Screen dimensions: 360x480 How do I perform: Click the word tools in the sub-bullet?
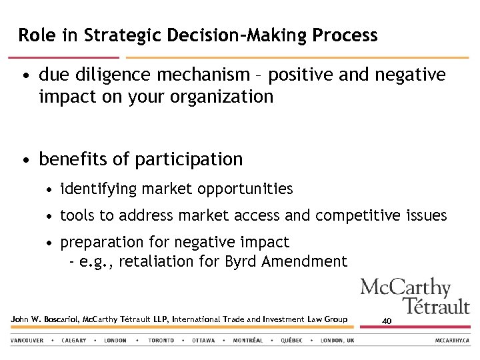[77, 216]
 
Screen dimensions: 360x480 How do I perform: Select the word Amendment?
[305, 261]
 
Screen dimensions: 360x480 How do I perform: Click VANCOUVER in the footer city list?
[27, 341]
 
